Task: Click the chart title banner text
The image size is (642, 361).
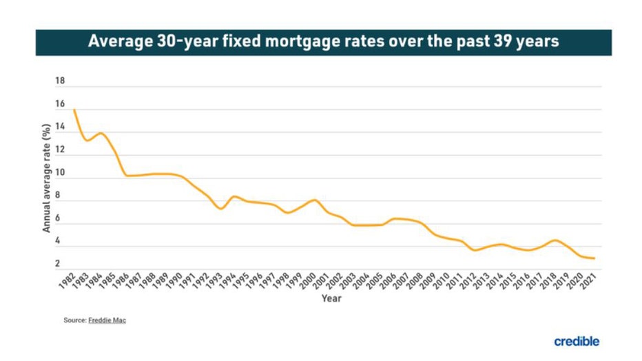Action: (x=323, y=42)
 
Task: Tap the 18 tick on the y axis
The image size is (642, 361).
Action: (x=59, y=81)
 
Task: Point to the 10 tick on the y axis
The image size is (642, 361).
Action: (x=59, y=173)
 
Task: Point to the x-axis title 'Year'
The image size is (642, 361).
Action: (x=331, y=298)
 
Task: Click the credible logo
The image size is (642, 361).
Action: (x=576, y=341)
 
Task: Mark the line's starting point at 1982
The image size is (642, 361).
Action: (x=74, y=110)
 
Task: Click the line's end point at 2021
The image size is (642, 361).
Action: (x=594, y=258)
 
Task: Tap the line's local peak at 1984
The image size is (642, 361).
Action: (x=101, y=133)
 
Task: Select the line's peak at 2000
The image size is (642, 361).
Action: (x=314, y=200)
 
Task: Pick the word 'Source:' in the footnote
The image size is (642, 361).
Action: (x=74, y=320)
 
